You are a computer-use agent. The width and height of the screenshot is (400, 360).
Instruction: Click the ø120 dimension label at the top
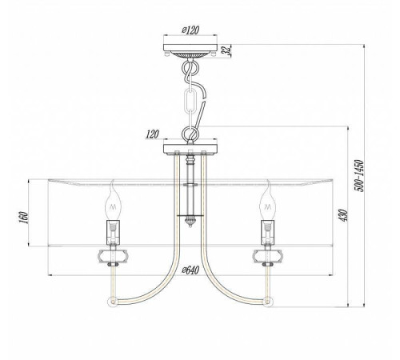coord(190,30)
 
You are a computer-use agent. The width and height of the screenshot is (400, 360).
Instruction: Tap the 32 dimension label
coord(226,50)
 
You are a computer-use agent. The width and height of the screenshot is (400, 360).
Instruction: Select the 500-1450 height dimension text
coord(358,175)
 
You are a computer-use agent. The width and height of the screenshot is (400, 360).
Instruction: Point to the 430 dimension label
coord(343,215)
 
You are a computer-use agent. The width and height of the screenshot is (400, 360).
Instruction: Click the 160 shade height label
coord(24,218)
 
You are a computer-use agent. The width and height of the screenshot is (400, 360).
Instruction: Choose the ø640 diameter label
coord(190,270)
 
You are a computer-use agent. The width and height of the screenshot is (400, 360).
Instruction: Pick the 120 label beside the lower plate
coord(153,134)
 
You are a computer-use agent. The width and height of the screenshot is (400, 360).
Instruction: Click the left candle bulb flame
coord(113,200)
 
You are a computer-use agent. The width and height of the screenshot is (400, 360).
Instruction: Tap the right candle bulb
coord(267,200)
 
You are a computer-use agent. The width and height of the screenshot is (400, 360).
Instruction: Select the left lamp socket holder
coord(114,232)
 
